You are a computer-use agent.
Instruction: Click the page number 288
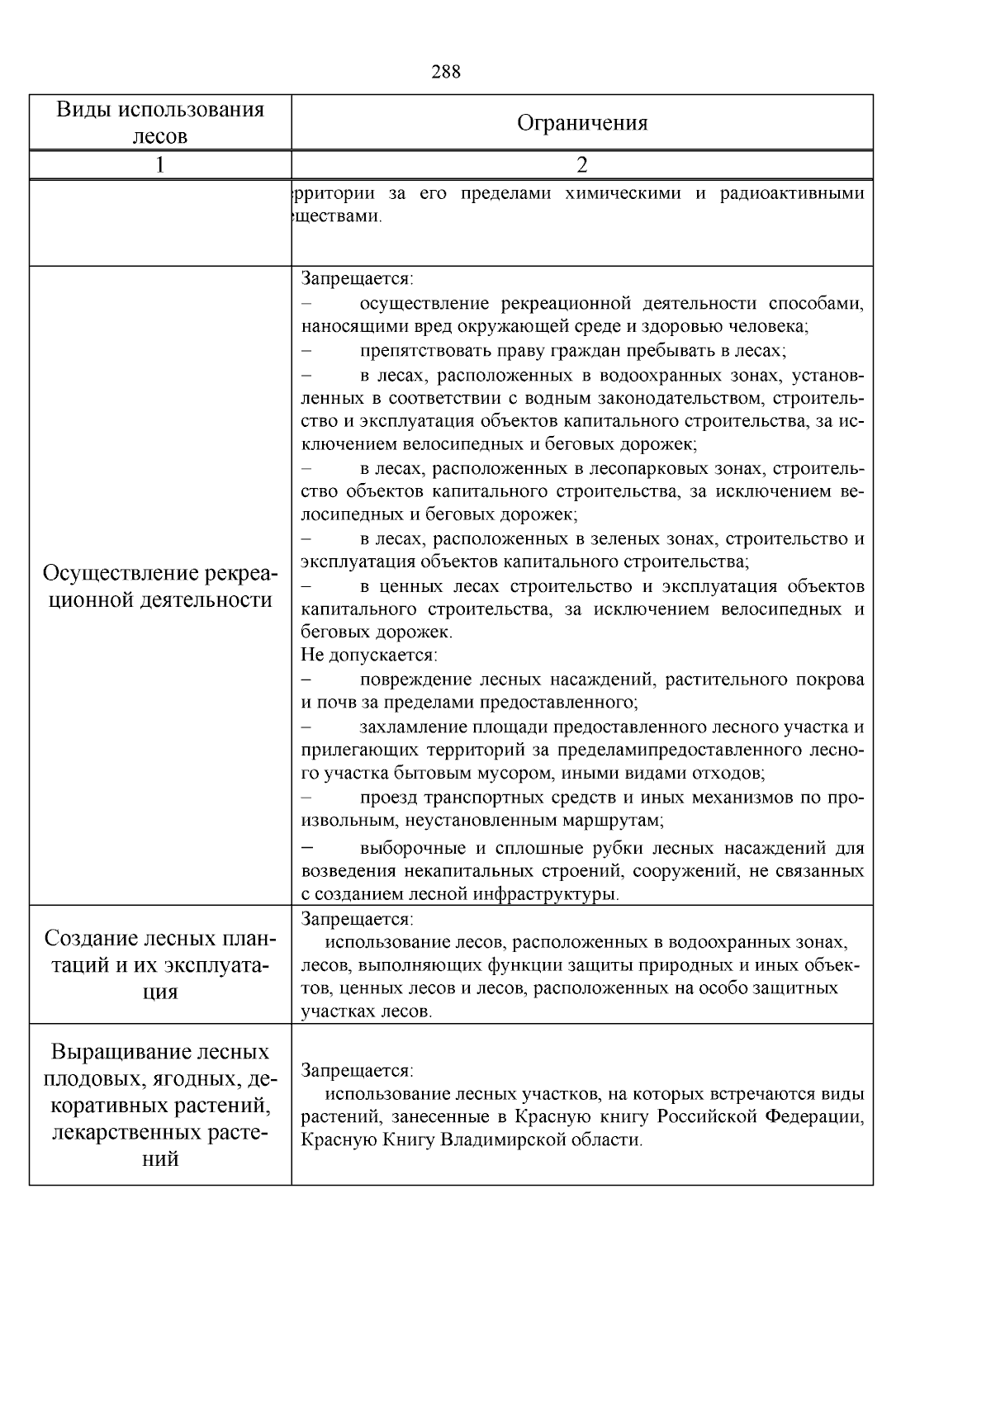(x=446, y=72)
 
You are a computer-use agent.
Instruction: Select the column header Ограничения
(x=582, y=123)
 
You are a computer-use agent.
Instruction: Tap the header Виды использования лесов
(x=160, y=123)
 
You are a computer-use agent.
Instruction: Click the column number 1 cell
(x=160, y=165)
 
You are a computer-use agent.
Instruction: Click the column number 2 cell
(x=582, y=165)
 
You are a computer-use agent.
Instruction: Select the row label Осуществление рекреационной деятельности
(x=160, y=586)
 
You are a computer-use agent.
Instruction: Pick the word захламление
(x=415, y=727)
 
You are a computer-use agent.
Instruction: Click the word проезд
(x=389, y=798)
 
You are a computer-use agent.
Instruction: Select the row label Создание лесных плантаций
(x=160, y=964)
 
